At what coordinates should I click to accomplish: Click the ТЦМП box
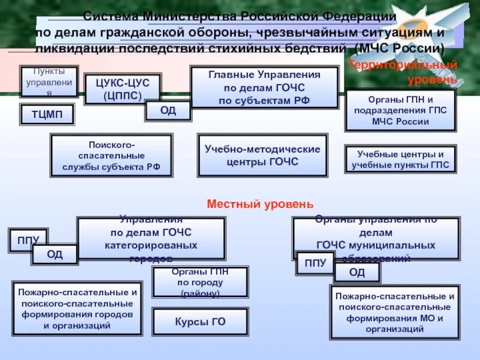tap(47, 114)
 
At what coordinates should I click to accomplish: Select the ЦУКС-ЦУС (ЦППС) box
tap(122, 89)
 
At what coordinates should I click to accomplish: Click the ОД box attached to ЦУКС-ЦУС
tap(168, 110)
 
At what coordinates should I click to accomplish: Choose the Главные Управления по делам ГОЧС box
tap(264, 88)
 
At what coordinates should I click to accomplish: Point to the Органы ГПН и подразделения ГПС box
tap(400, 110)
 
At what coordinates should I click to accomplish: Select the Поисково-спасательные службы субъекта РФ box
tap(112, 155)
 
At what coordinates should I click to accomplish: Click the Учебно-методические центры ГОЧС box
tap(263, 155)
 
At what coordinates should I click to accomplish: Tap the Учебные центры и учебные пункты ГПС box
tap(400, 160)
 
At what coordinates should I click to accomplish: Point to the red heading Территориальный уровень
tap(403, 71)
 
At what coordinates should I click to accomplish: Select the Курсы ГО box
tap(200, 322)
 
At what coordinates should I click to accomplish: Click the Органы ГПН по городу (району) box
tap(200, 282)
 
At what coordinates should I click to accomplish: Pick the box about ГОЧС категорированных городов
tap(151, 238)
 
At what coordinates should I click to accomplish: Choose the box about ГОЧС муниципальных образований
tap(376, 238)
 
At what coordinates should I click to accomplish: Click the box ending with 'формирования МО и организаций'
tap(394, 313)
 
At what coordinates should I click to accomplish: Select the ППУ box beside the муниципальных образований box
tap(315, 263)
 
